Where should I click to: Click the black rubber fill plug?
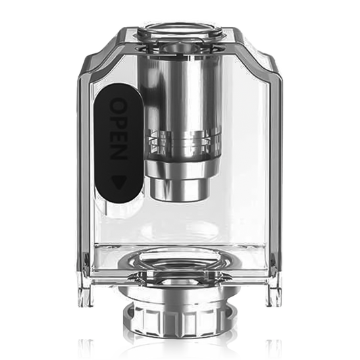(x=119, y=143)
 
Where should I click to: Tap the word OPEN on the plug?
(x=119, y=129)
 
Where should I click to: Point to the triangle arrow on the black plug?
(x=119, y=182)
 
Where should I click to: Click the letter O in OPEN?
(x=119, y=105)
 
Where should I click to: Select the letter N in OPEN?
(x=119, y=153)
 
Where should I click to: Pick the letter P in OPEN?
(x=119, y=121)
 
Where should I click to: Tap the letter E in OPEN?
(x=119, y=136)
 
